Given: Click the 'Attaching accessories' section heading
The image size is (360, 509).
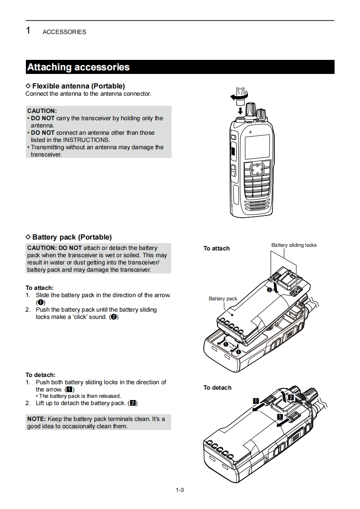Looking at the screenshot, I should (78, 67).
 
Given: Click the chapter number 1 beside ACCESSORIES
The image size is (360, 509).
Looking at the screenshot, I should (28, 31).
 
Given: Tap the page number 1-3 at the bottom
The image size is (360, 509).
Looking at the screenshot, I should (180, 489).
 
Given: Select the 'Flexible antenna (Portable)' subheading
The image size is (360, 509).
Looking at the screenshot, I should (78, 86).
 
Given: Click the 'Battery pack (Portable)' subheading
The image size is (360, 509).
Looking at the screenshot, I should (72, 237).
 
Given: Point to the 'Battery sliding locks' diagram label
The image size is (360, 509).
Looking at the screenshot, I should (294, 245).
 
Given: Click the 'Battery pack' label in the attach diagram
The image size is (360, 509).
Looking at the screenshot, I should (223, 299).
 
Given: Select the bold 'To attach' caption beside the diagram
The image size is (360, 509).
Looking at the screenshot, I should (217, 248).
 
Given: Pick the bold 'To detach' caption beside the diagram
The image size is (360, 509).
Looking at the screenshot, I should (217, 387).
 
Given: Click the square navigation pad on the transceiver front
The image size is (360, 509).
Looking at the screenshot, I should (256, 169).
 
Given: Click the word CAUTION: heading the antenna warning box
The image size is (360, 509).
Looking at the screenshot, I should (42, 111).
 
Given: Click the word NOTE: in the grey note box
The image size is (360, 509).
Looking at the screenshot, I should (36, 419).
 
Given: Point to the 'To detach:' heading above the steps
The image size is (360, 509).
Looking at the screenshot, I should (40, 375).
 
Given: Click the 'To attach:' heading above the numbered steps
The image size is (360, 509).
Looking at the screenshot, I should (39, 288).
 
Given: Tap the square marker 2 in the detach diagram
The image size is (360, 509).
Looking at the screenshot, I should (291, 397).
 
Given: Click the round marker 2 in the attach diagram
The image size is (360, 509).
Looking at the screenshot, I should (269, 289).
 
